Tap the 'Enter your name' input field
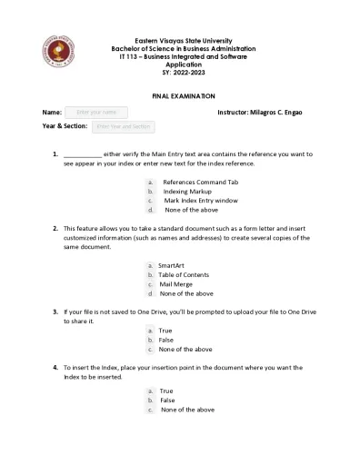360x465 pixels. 95,112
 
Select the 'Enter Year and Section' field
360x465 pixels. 124,126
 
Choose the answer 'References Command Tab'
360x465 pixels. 200,183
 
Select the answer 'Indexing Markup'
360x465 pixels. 188,192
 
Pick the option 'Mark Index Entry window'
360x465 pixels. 201,201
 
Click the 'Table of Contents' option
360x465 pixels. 184,274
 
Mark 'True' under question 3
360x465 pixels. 165,331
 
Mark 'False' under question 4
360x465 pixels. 167,400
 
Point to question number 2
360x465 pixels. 55,228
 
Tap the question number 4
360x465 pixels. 55,367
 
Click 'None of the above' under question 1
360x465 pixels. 191,210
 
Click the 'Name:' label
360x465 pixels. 52,112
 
